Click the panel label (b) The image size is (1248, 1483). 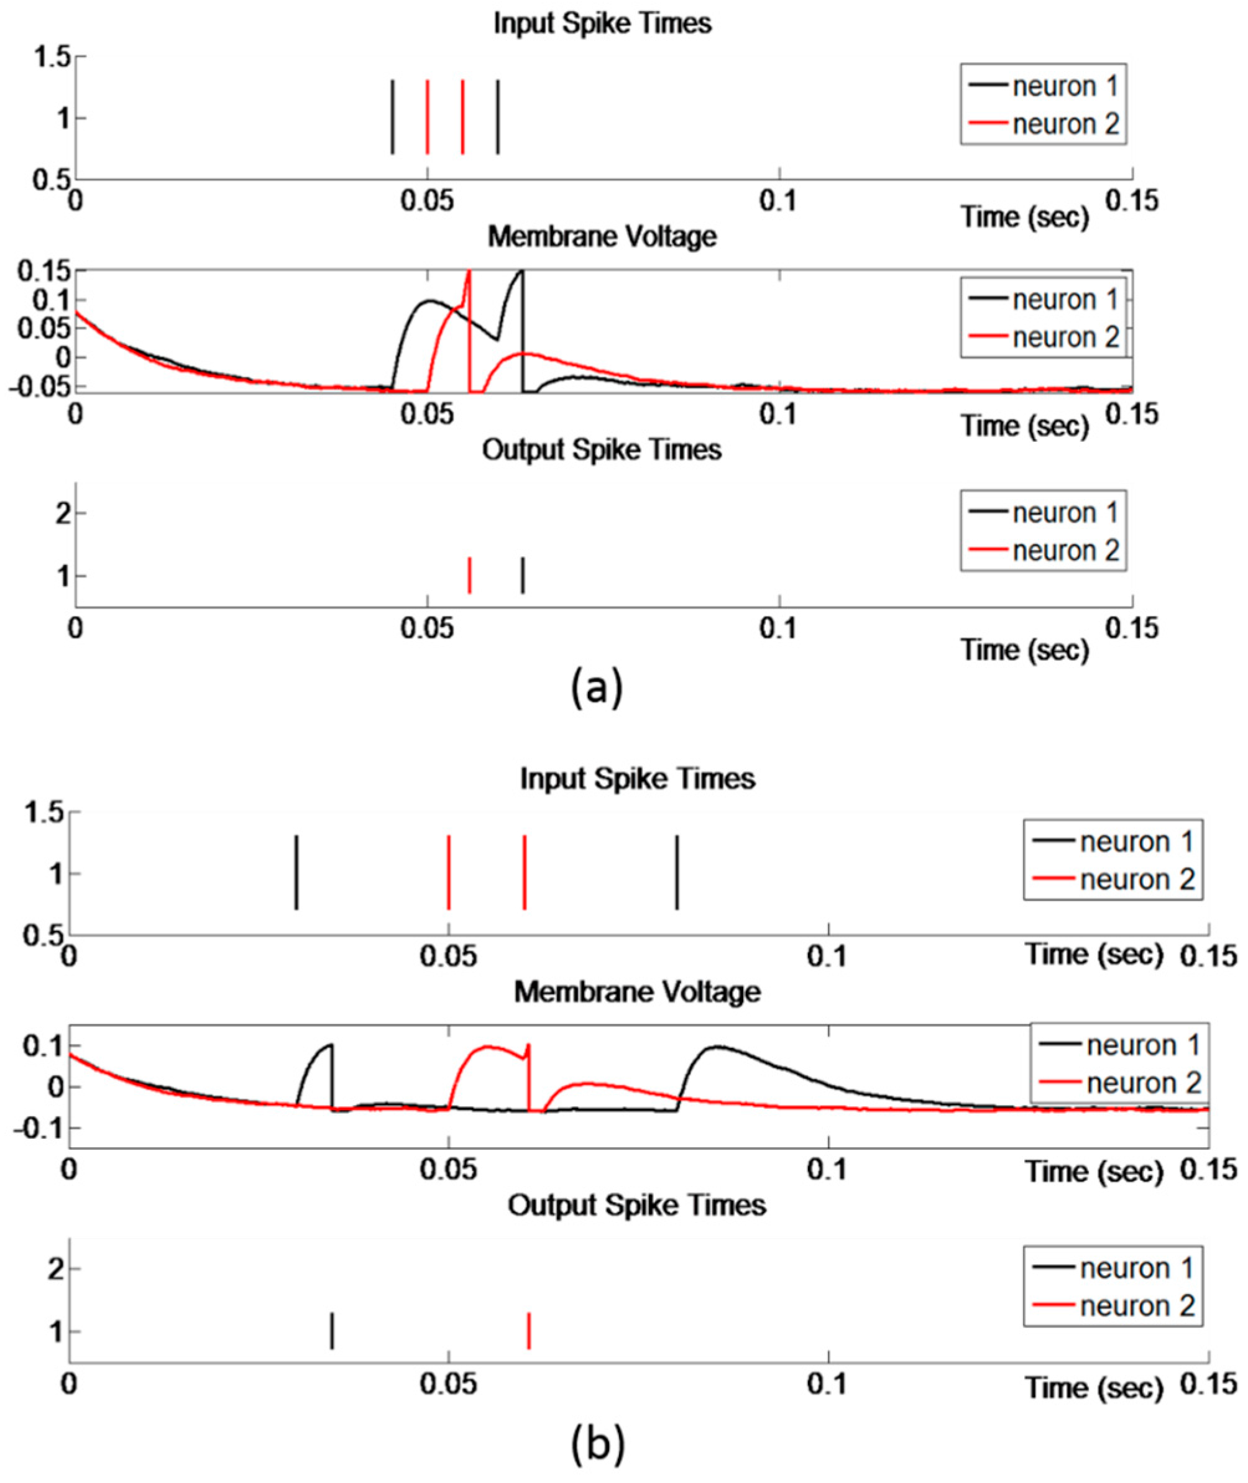pos(598,1443)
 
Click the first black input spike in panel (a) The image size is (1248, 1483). pos(393,117)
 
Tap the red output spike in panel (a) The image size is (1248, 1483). pos(470,575)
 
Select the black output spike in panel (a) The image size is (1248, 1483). pos(523,575)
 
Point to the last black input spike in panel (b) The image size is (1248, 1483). pos(677,873)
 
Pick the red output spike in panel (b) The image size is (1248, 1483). pos(528,1331)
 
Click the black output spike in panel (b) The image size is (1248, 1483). pos(332,1331)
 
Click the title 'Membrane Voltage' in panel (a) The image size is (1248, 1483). pos(602,236)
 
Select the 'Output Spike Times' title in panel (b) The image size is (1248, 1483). pos(636,1205)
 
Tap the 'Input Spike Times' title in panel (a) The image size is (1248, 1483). pos(602,24)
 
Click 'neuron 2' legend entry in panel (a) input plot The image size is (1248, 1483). pos(1065,124)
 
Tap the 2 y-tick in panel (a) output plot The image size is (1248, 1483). pos(63,513)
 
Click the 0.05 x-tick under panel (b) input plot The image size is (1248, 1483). pos(449,957)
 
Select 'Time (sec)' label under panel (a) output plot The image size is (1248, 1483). pos(1024,649)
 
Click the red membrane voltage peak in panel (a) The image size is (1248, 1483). pos(469,272)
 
